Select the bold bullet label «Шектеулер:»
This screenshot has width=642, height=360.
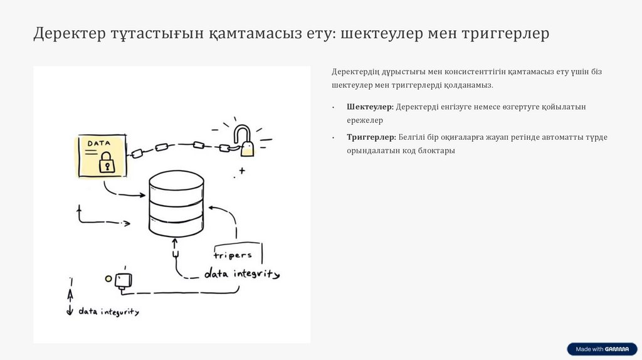pos(370,107)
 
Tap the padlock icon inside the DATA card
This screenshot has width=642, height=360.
pos(107,162)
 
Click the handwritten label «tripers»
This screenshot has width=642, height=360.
pos(233,255)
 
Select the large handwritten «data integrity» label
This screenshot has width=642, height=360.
pos(242,274)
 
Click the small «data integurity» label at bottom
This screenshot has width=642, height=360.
pos(108,311)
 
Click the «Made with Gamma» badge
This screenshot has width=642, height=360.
pos(602,349)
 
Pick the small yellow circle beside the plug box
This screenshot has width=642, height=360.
pos(108,278)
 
